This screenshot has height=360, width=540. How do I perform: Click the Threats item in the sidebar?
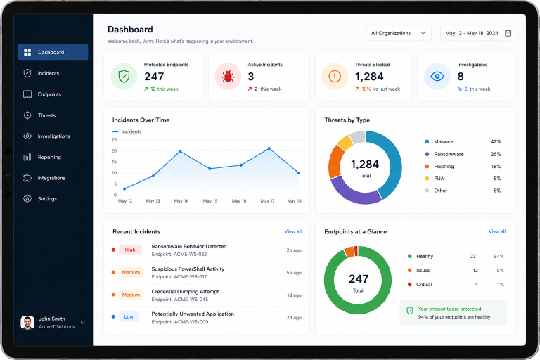tap(39, 115)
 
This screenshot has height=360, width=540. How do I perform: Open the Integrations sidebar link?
tap(44, 178)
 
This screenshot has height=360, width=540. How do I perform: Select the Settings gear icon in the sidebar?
tap(27, 199)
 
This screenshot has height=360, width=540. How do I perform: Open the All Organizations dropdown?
tap(399, 33)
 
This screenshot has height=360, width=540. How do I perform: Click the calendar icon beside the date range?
tap(508, 33)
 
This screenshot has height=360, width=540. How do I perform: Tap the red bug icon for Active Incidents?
tap(228, 76)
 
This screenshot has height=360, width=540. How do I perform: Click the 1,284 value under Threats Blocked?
tap(369, 77)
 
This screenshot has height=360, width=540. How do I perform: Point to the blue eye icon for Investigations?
tap(437, 76)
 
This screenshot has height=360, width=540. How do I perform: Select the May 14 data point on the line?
tap(180, 151)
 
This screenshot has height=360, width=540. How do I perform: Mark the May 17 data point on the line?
tap(269, 148)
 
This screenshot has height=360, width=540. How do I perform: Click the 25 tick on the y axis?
tap(114, 139)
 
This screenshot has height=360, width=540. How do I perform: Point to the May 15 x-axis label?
tap(210, 201)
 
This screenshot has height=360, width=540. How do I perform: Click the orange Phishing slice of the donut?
tap(335, 162)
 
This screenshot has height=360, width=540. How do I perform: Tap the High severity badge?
tap(130, 250)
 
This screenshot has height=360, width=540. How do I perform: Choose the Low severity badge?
tap(129, 316)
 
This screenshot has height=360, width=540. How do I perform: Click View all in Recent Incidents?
tap(293, 231)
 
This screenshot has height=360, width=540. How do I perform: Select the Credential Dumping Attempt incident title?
tap(186, 291)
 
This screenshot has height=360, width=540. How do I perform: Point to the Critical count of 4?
tap(476, 285)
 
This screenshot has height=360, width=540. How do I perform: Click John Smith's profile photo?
tap(27, 323)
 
